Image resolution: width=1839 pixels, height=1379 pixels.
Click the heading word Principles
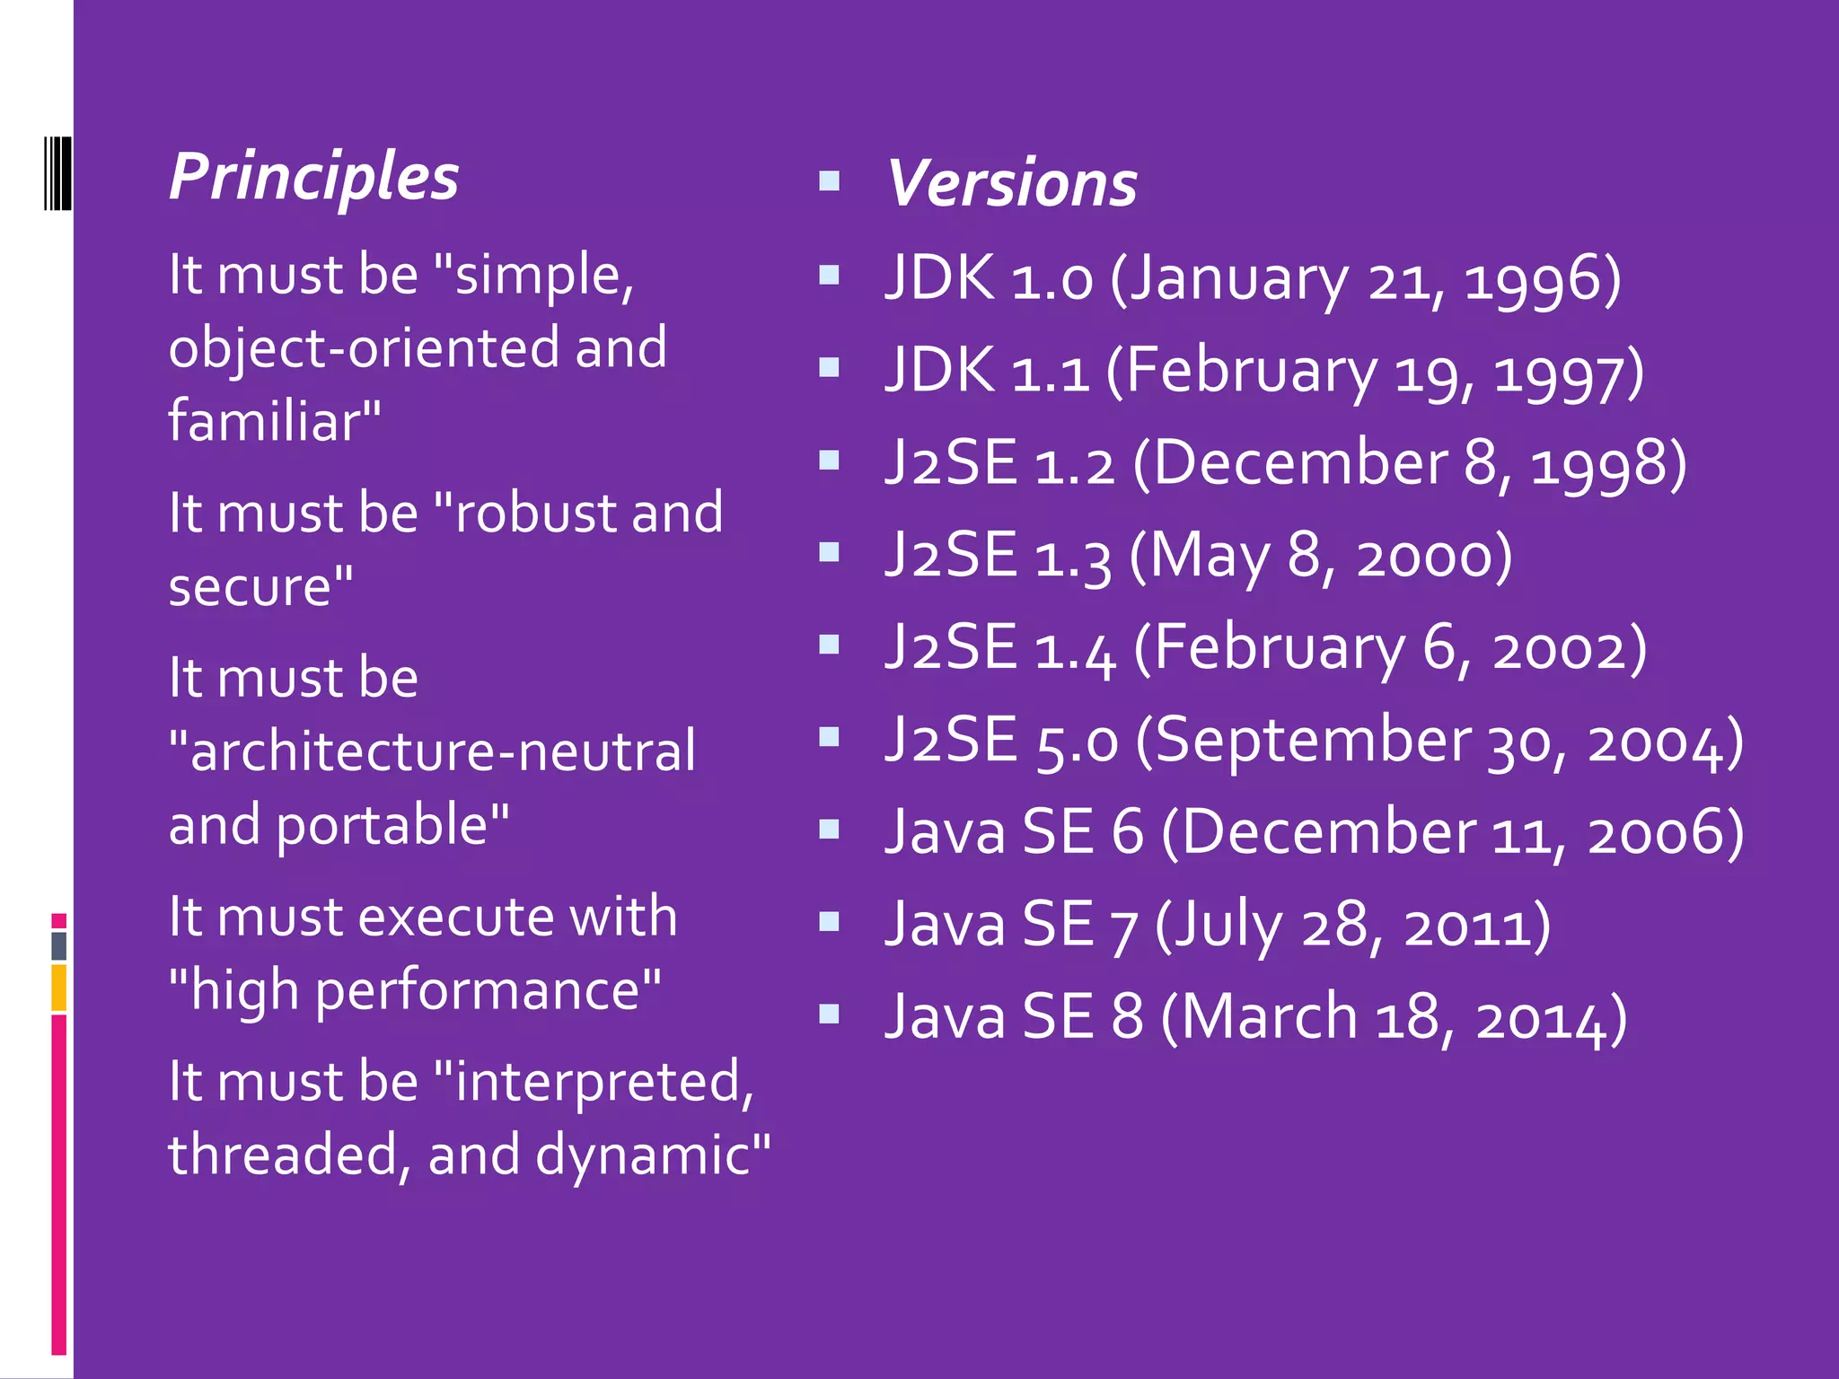(x=313, y=178)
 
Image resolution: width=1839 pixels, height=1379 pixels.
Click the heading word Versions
(x=1012, y=184)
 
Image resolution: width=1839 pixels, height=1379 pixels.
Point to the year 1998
(x=1608, y=465)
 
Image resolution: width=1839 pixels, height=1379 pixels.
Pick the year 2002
(x=1569, y=650)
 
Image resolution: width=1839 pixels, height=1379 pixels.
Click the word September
(x=1312, y=742)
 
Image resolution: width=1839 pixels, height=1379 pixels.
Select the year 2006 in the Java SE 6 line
(x=1665, y=834)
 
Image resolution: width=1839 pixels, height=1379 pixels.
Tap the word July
(x=1228, y=927)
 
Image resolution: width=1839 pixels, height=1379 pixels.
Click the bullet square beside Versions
(x=829, y=182)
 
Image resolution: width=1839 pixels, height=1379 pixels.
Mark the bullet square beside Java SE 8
(x=829, y=1014)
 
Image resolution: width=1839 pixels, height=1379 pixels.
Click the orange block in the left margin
(x=58, y=988)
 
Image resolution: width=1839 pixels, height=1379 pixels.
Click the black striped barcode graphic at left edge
(x=57, y=173)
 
